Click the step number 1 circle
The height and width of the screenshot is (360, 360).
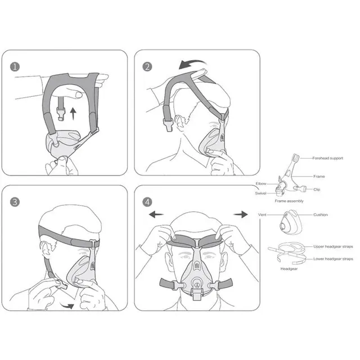pyautogui.click(x=15, y=67)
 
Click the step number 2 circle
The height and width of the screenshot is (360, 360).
pyautogui.click(x=147, y=67)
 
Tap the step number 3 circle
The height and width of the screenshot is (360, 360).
pyautogui.click(x=15, y=202)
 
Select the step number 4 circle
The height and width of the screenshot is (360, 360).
pyautogui.click(x=147, y=202)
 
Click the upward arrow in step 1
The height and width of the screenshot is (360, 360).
pyautogui.click(x=73, y=114)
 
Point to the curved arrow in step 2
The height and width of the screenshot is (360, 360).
pyautogui.click(x=192, y=63)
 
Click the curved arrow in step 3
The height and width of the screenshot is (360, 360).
pyautogui.click(x=67, y=306)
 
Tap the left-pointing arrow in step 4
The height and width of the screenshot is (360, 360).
pyautogui.click(x=156, y=215)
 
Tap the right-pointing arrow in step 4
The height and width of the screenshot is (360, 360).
pyautogui.click(x=241, y=214)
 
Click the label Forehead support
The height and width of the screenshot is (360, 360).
pyautogui.click(x=327, y=158)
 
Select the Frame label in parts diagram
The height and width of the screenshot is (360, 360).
pyautogui.click(x=319, y=176)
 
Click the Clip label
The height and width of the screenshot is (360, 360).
pyautogui.click(x=317, y=190)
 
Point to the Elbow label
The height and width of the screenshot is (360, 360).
pyautogui.click(x=261, y=184)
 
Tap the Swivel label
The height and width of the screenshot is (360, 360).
pyautogui.click(x=260, y=193)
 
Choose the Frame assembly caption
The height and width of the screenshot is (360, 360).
pyautogui.click(x=289, y=201)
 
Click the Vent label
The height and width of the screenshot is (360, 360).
pyautogui.click(x=262, y=215)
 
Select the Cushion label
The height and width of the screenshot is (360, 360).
pyautogui.click(x=321, y=215)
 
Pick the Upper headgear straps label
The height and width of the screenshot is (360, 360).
pyautogui.click(x=333, y=246)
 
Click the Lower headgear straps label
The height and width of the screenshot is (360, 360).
pyautogui.click(x=333, y=259)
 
